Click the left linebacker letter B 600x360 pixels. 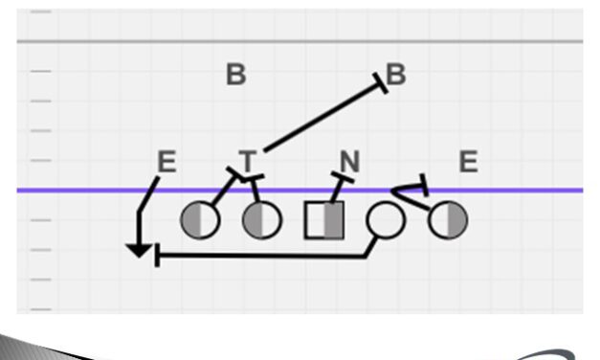click(x=236, y=75)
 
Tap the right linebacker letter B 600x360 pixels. click(x=396, y=75)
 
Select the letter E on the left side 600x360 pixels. click(x=167, y=163)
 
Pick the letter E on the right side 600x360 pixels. click(x=468, y=162)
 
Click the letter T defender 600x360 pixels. click(x=248, y=161)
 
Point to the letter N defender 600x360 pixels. click(x=349, y=162)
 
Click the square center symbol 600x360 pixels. click(x=323, y=219)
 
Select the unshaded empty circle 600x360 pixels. click(x=386, y=219)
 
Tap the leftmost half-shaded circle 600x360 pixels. click(x=200, y=219)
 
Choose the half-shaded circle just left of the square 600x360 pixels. click(x=262, y=219)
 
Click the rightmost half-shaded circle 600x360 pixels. click(x=448, y=220)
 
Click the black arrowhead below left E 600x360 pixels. click(x=140, y=251)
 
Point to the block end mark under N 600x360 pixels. click(x=343, y=178)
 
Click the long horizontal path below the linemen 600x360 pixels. click(x=258, y=256)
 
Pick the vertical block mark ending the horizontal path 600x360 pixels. click(x=157, y=256)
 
